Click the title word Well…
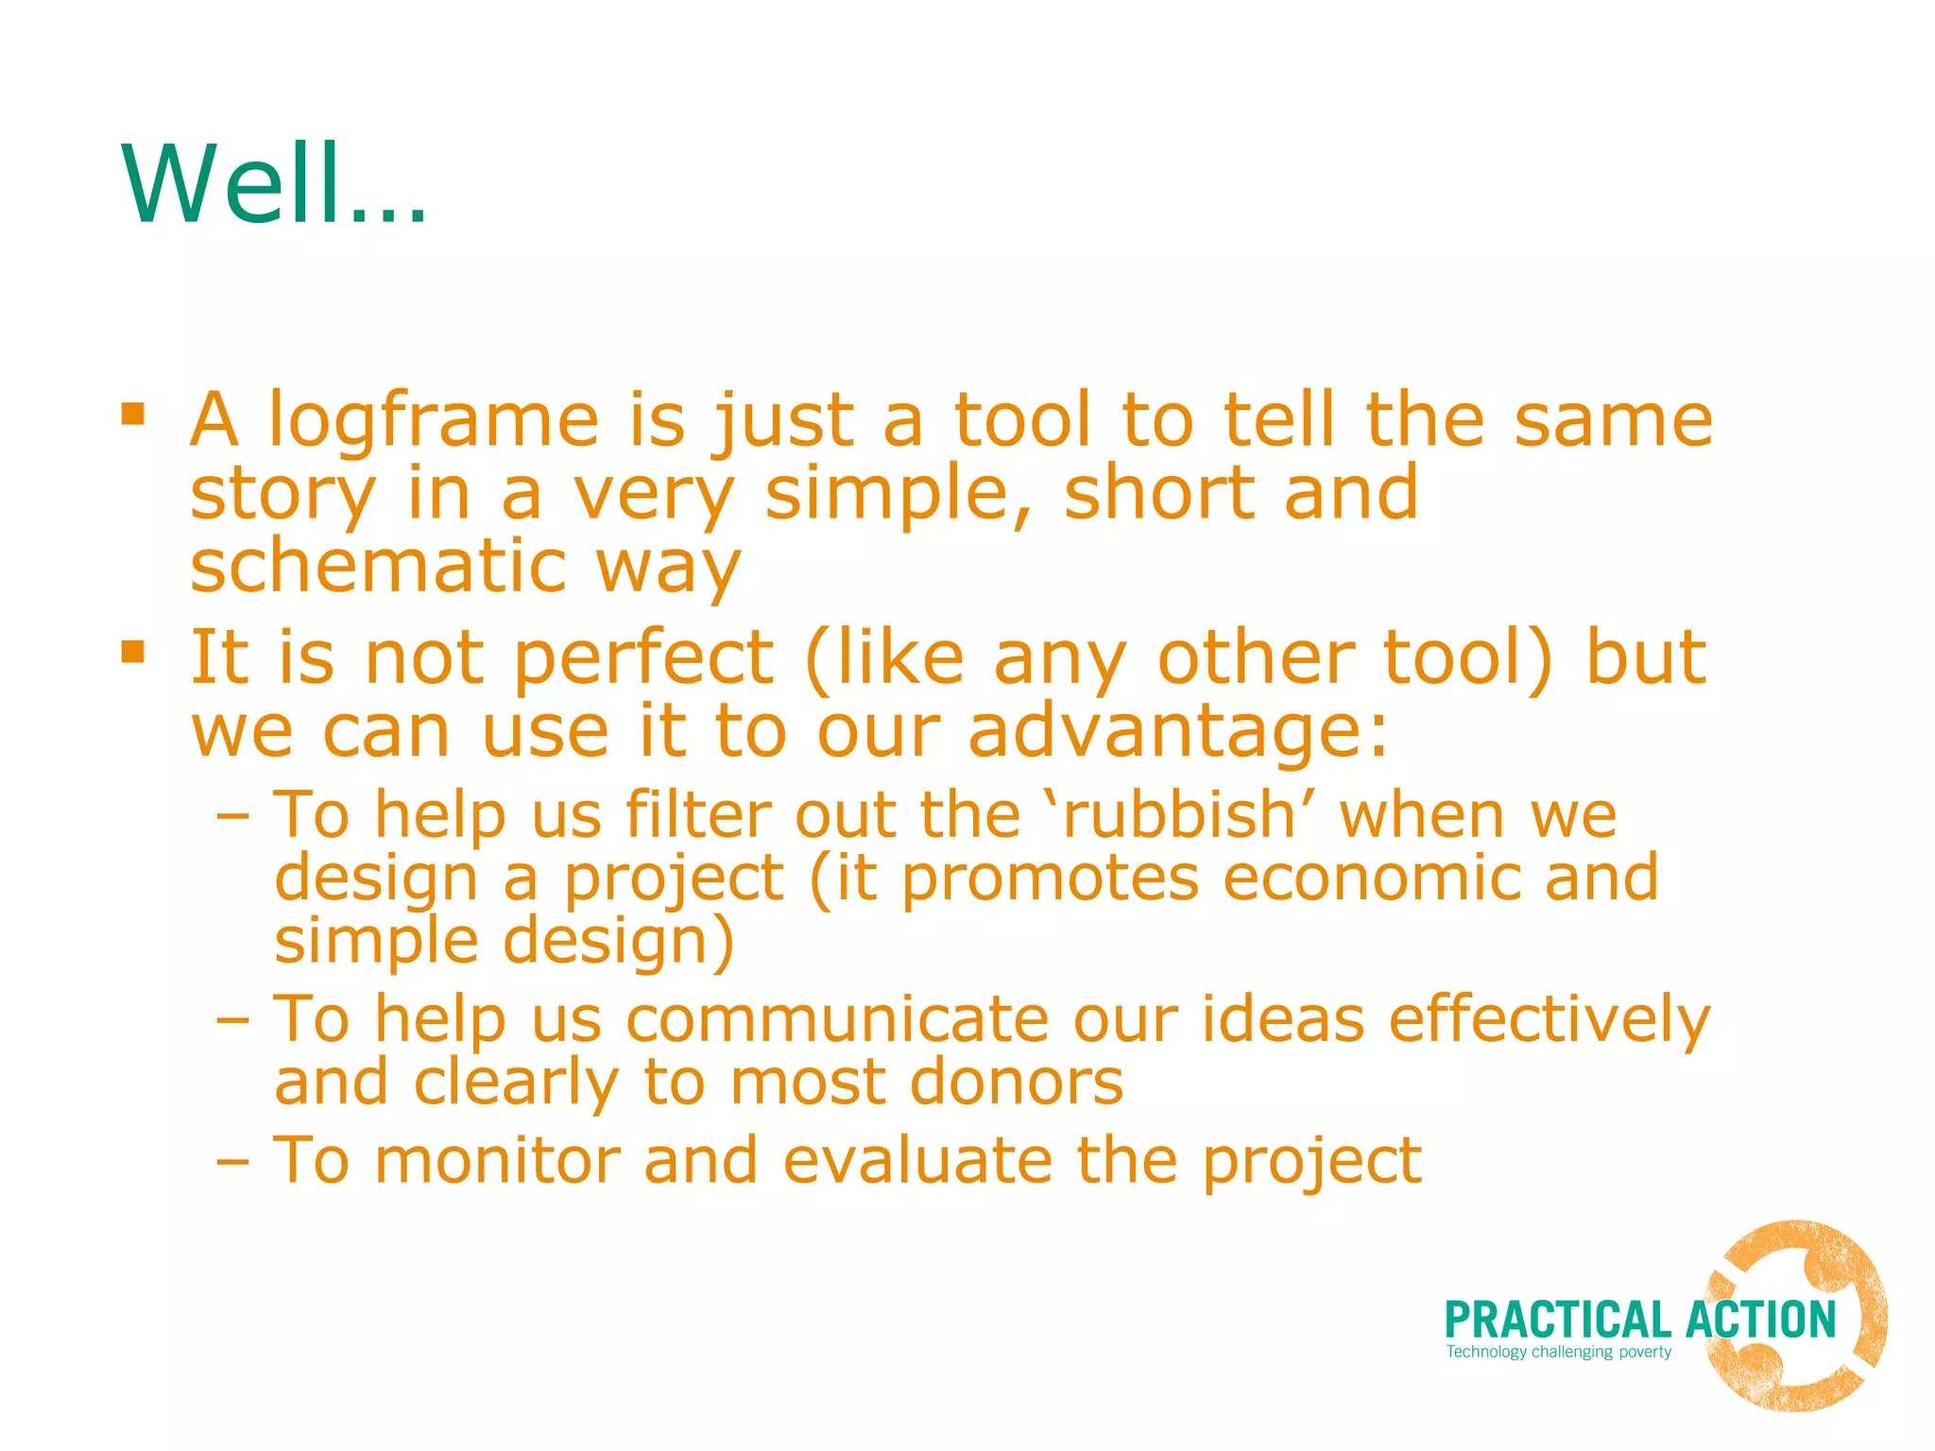[274, 184]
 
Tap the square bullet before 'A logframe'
[133, 414]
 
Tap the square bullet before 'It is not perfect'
[133, 652]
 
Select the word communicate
[837, 1020]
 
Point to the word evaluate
[917, 1160]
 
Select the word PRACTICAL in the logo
[1558, 1321]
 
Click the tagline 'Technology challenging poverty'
[1558, 1352]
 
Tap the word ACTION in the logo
[1761, 1321]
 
